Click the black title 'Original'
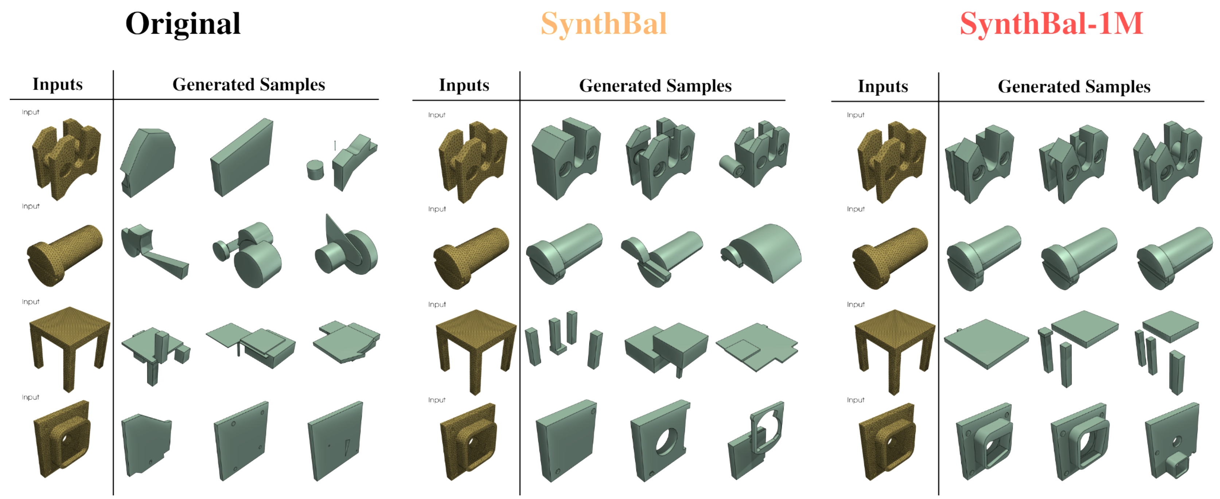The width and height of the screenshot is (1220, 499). pos(183,23)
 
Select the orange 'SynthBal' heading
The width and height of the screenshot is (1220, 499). pos(604,24)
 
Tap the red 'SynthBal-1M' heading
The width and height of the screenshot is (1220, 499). pos(1051,24)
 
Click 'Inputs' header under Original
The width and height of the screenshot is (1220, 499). pos(57,84)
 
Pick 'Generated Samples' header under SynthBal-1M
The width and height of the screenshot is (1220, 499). pos(1074,86)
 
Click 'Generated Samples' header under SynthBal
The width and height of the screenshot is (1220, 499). pos(655,85)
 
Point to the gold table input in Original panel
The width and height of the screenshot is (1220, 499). pos(70,349)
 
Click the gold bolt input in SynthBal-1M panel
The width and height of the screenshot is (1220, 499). pos(890,258)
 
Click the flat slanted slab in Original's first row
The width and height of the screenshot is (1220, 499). pos(242,157)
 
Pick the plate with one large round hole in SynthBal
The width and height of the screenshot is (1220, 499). pos(660,441)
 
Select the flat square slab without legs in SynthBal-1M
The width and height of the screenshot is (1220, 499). pos(986,344)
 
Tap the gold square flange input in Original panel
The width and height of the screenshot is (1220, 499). pos(62,439)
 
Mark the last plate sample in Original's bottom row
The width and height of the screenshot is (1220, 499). pos(335,441)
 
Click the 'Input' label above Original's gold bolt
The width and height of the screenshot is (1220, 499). pos(30,207)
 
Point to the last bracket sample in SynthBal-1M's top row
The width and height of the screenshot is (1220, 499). pos(1168,162)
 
